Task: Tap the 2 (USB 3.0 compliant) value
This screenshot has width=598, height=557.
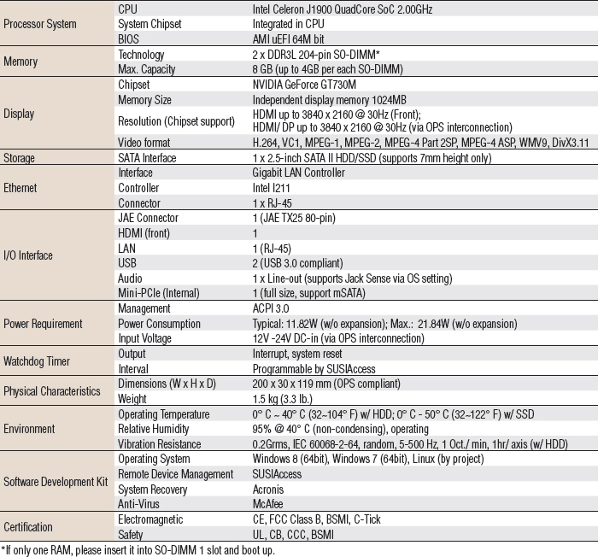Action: coord(298,262)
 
